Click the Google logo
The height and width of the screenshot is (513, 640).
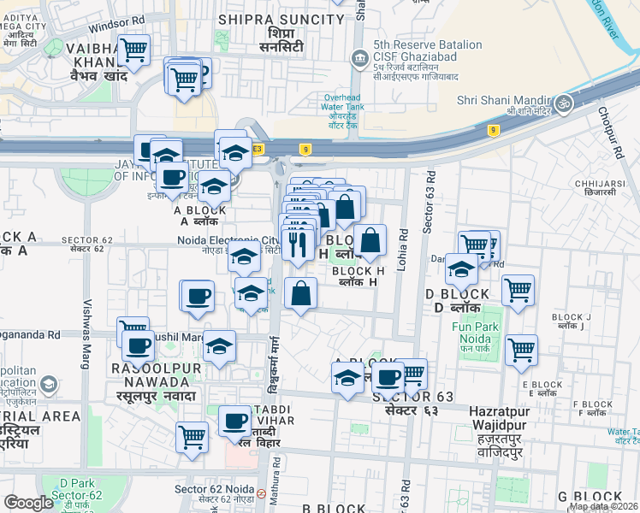pos(29,503)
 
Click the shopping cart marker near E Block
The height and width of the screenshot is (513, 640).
pos(521,349)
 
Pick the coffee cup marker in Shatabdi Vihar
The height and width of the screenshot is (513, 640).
pos(234,419)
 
